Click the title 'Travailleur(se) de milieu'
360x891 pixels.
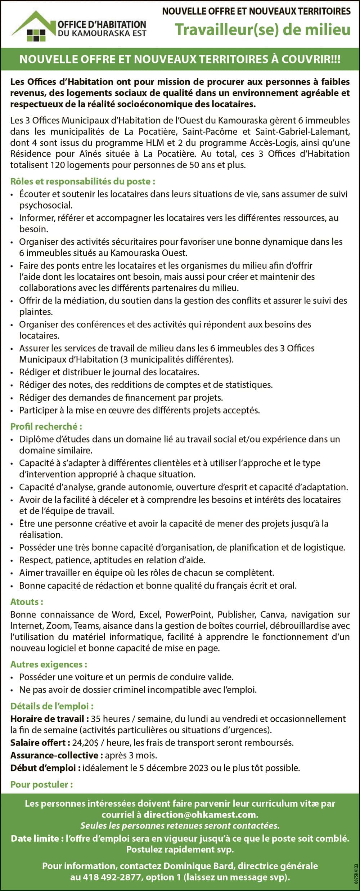click(x=263, y=30)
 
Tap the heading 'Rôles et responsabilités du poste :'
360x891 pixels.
click(x=83, y=181)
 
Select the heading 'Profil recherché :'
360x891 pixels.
click(x=46, y=426)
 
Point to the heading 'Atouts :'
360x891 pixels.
click(x=27, y=602)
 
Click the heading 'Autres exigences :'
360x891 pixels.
click(x=49, y=664)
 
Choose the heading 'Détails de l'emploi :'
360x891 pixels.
click(x=52, y=706)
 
